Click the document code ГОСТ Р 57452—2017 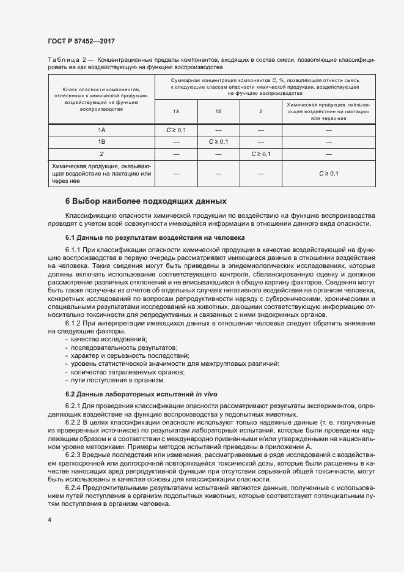coord(81,40)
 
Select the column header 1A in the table coord(176,112)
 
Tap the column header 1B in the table coord(218,112)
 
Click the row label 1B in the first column coord(102,142)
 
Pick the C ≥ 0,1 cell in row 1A coord(176,130)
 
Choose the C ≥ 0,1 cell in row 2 coord(260,154)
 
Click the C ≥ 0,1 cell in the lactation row coord(328,174)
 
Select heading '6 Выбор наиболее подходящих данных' coord(145,201)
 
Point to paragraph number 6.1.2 coord(76,322)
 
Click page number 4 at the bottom coord(49,520)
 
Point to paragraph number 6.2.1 coord(76,406)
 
